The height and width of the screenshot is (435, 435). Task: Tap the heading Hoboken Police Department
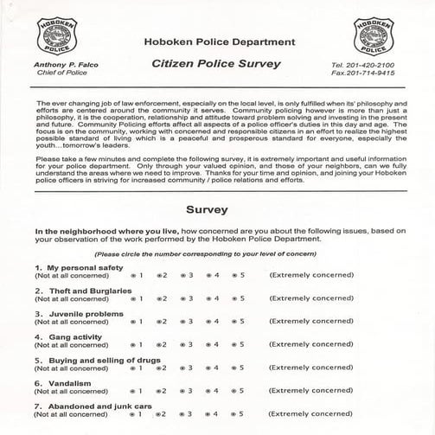point(216,41)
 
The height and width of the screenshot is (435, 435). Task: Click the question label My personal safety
point(75,267)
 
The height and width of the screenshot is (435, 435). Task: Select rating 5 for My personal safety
point(234,275)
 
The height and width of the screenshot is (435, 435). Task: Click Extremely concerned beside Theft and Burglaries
point(311,298)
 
